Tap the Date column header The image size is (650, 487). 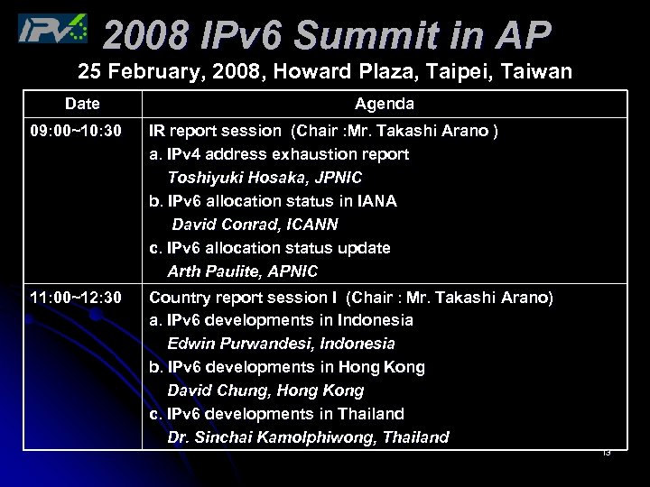click(x=82, y=105)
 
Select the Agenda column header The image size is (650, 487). click(x=385, y=105)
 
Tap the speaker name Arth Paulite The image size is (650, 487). click(x=210, y=271)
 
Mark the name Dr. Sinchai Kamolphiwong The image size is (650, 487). click(x=272, y=437)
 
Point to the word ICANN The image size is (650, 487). click(x=306, y=225)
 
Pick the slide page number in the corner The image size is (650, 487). click(x=606, y=453)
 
